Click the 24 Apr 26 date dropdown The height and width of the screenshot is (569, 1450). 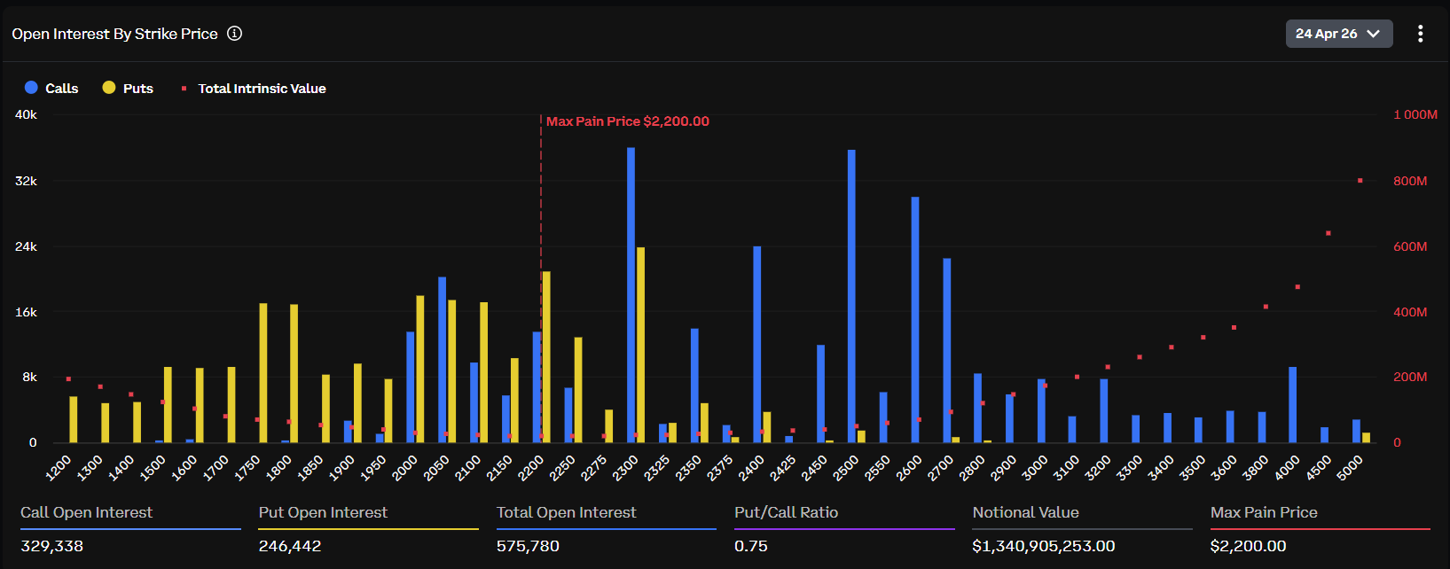point(1337,34)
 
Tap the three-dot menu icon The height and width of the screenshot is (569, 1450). point(1420,34)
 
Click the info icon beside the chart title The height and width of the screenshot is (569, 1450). point(234,34)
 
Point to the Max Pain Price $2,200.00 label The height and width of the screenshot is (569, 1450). point(627,121)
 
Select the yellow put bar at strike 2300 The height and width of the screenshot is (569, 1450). point(640,345)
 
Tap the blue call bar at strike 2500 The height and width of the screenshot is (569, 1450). point(851,296)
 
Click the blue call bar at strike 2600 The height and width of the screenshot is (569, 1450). point(914,319)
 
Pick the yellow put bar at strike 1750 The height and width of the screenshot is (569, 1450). point(263,372)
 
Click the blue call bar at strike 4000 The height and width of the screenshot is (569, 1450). point(1292,404)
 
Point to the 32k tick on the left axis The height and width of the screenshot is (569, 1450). point(26,181)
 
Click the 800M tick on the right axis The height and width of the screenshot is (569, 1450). point(1409,181)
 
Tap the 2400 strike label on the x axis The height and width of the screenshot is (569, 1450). point(752,467)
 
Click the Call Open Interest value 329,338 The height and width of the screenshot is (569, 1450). point(52,546)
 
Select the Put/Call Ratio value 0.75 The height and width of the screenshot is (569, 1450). point(750,546)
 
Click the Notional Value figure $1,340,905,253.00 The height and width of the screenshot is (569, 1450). point(1043,546)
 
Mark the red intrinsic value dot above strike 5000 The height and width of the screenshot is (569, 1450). point(1360,181)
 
